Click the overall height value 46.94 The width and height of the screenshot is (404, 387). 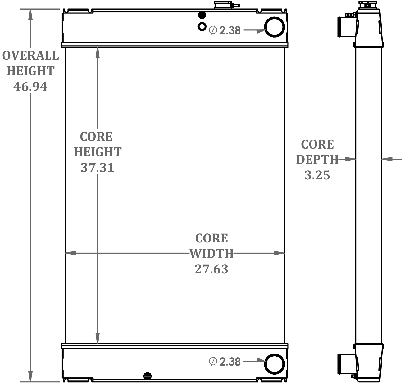coord(30,87)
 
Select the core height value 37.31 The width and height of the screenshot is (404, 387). coord(97,168)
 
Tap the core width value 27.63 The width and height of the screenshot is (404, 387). coord(211,269)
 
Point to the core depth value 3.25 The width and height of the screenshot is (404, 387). coord(317,175)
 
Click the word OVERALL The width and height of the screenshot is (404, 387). coord(30,56)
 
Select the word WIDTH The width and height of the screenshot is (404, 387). coord(211,254)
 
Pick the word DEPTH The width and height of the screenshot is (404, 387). coord(317,160)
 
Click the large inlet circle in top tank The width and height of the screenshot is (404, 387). coord(274,27)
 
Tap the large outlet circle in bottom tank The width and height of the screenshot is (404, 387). coord(274,364)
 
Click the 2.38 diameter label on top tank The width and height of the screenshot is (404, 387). coord(230,31)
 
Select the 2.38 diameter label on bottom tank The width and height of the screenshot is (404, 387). coord(230,362)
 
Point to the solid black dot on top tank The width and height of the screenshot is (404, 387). coord(202,15)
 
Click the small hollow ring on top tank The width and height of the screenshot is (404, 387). coord(202,26)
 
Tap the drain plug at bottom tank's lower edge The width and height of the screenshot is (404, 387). coord(147,376)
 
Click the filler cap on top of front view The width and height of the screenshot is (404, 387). coord(224,5)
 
